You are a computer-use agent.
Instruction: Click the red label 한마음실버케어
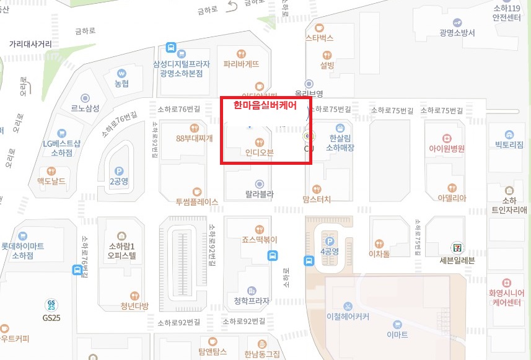(265, 105)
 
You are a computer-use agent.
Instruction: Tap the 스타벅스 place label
(320, 38)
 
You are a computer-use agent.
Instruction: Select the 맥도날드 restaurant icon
(51, 170)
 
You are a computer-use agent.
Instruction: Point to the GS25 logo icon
(51, 305)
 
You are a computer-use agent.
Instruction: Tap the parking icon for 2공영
(119, 170)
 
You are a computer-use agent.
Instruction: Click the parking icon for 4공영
(330, 241)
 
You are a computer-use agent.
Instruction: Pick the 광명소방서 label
(457, 33)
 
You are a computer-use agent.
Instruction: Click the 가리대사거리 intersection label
(30, 45)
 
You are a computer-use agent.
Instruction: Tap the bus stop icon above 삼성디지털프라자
(171, 48)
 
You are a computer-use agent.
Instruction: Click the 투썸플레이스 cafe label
(197, 201)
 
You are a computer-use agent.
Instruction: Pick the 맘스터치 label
(317, 199)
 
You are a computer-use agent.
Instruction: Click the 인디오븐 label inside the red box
(260, 152)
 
